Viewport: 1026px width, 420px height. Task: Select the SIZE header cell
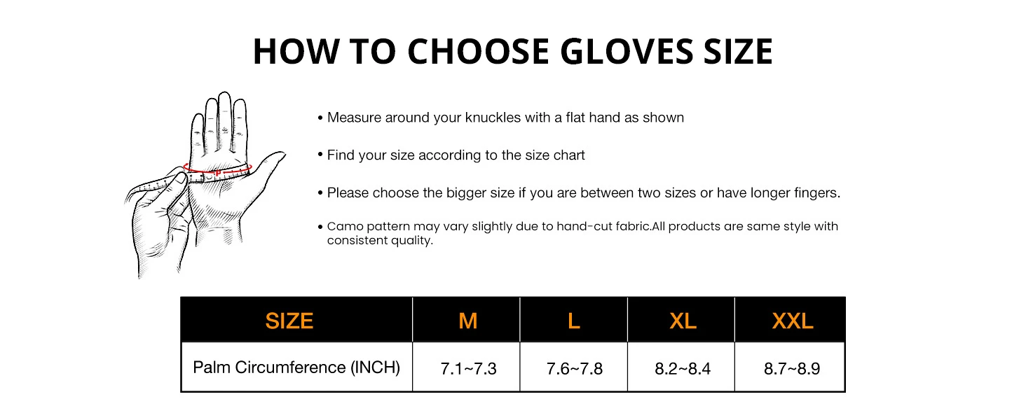[289, 321]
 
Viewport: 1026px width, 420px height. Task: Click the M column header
[467, 321]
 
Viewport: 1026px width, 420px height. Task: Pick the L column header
[573, 321]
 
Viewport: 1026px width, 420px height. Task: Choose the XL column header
[682, 321]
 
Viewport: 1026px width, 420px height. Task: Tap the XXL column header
[792, 321]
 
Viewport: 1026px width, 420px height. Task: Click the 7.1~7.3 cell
[467, 368]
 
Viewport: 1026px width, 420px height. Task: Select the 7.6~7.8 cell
[574, 368]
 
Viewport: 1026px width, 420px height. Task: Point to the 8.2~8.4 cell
[682, 368]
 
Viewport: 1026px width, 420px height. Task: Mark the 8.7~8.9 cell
[792, 368]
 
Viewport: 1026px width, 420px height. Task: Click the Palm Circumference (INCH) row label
[296, 367]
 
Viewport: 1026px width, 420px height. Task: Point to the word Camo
[343, 227]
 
